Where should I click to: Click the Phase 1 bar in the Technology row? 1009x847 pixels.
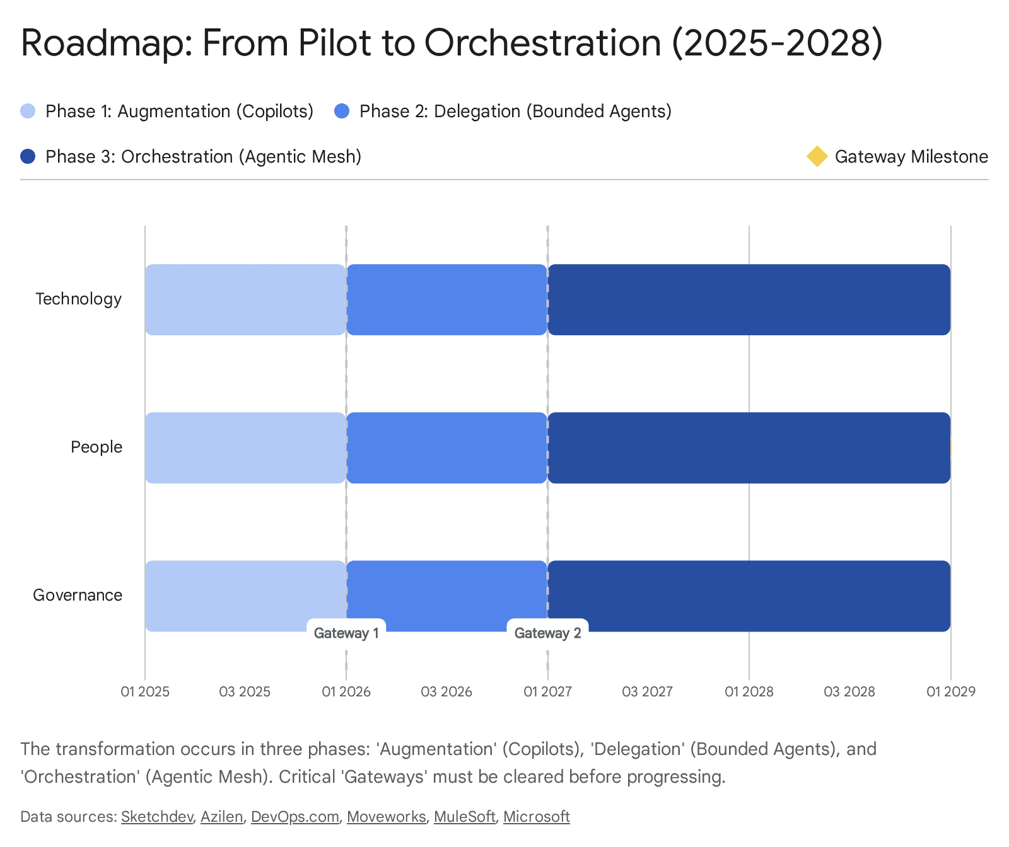245,299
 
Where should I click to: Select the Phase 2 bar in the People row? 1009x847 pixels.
446,447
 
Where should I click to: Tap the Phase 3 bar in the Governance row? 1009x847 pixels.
749,596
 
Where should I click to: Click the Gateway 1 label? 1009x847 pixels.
346,633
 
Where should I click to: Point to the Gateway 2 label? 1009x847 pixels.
547,633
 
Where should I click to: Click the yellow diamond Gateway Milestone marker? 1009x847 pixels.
817,156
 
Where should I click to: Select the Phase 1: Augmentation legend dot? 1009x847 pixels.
28,111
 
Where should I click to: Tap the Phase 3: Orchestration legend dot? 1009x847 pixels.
28,156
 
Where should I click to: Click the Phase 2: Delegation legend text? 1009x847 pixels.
515,111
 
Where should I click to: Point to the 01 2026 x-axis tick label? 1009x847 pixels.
346,691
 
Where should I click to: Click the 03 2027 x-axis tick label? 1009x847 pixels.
647,691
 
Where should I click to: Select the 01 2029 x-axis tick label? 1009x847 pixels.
950,691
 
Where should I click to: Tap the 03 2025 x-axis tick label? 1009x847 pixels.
245,691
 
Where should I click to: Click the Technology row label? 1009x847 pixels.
78,299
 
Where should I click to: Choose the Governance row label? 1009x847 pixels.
78,595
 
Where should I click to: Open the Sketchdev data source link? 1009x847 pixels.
157,816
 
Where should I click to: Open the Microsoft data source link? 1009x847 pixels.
536,816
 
